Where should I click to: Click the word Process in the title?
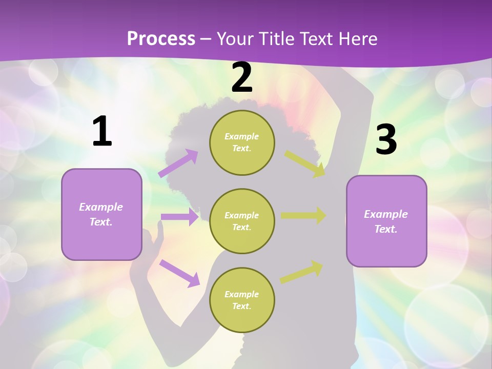coord(161,38)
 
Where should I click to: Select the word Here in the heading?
coord(357,38)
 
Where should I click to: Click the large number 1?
coord(102,132)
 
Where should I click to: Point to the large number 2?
coord(242,77)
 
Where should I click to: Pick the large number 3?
coord(386,139)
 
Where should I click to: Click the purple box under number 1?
coord(101,214)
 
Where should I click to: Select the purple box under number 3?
coord(386,221)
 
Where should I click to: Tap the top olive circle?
coord(242,142)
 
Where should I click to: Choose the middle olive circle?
coord(242,221)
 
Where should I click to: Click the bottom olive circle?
coord(242,300)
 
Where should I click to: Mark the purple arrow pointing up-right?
coord(178,163)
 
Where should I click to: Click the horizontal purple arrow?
coord(179,217)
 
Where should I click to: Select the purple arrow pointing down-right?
coord(179,273)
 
